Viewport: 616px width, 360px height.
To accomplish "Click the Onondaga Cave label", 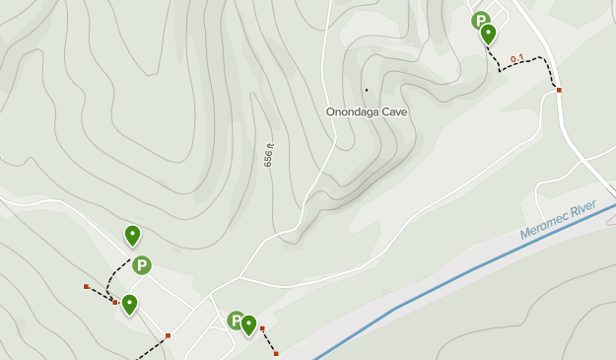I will [367, 111].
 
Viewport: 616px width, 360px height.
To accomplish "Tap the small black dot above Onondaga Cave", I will [367, 90].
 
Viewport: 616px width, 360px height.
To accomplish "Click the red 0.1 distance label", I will [516, 59].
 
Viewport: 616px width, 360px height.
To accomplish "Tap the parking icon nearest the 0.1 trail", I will [481, 20].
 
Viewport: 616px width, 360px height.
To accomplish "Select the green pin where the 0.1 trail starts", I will [488, 35].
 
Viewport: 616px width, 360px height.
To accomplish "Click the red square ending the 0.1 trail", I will [559, 90].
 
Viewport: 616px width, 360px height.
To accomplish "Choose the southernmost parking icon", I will [236, 320].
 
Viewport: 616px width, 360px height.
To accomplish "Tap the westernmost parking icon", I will [142, 265].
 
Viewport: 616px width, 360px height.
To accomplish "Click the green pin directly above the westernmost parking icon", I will [132, 235].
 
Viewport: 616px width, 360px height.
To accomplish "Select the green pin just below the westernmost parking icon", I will [129, 304].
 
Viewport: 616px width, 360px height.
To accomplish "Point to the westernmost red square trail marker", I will [86, 287].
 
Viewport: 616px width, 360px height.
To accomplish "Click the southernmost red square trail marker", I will [276, 353].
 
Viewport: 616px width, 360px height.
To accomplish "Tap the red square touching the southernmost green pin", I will [262, 328].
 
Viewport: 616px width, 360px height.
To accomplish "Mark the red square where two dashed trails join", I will [115, 302].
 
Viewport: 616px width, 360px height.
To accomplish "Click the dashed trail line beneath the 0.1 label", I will [522, 66].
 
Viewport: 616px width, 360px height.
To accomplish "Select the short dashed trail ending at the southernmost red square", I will [269, 341].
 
